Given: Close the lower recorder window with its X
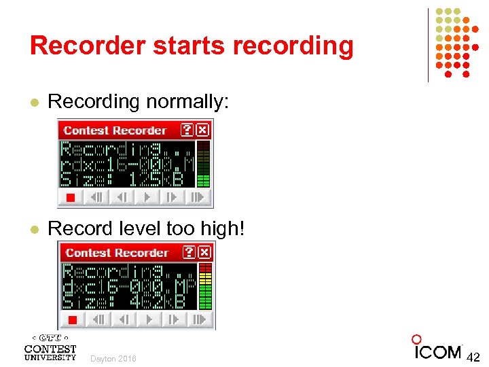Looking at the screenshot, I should [x=205, y=252].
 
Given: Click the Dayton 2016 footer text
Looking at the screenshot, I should [x=113, y=358].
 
